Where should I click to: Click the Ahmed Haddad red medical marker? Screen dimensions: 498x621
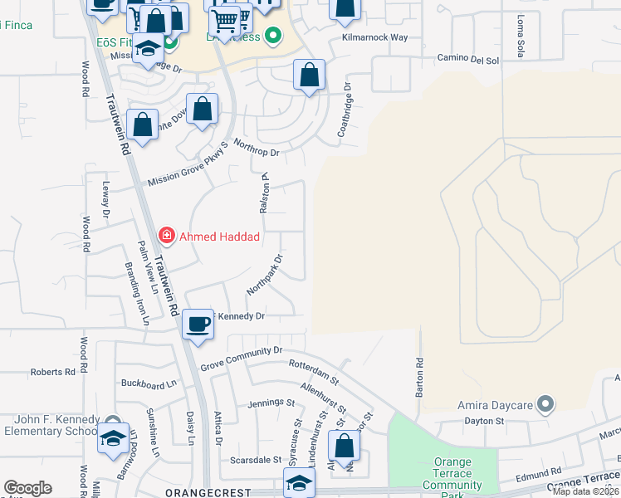pos(167,237)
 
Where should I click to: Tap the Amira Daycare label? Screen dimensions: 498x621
pos(493,406)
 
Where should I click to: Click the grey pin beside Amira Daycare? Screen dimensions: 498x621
pos(545,405)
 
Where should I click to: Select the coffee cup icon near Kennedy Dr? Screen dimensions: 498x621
pos(198,325)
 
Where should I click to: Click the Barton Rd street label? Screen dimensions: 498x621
pos(420,378)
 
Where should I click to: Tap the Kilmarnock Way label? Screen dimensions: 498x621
pos(374,38)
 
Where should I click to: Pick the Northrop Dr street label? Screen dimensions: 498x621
pos(257,148)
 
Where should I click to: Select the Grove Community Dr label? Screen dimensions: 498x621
pos(242,358)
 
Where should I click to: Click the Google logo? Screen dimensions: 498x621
pos(27,488)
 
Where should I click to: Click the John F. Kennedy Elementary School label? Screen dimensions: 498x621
pos(51,425)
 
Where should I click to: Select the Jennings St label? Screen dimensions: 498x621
pos(271,403)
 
